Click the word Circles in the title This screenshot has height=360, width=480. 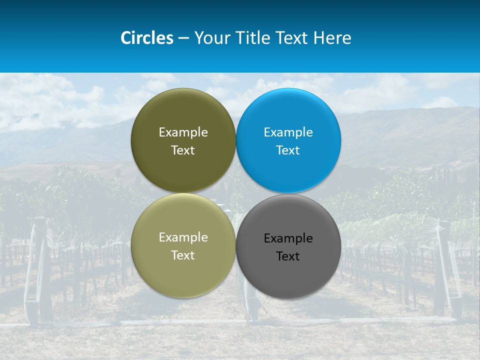click(x=146, y=38)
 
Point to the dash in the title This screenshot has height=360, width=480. click(x=183, y=38)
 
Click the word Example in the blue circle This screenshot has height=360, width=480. click(x=288, y=132)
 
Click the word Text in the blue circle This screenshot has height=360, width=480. click(x=288, y=150)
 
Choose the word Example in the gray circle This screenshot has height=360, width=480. click(x=288, y=238)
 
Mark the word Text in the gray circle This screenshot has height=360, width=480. click(x=288, y=256)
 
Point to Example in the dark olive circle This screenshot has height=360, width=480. click(x=183, y=132)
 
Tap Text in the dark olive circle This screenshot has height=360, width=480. click(x=183, y=150)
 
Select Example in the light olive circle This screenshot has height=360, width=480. click(x=183, y=237)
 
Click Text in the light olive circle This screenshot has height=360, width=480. click(x=183, y=255)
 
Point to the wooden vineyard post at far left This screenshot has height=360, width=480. click(x=40, y=270)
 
